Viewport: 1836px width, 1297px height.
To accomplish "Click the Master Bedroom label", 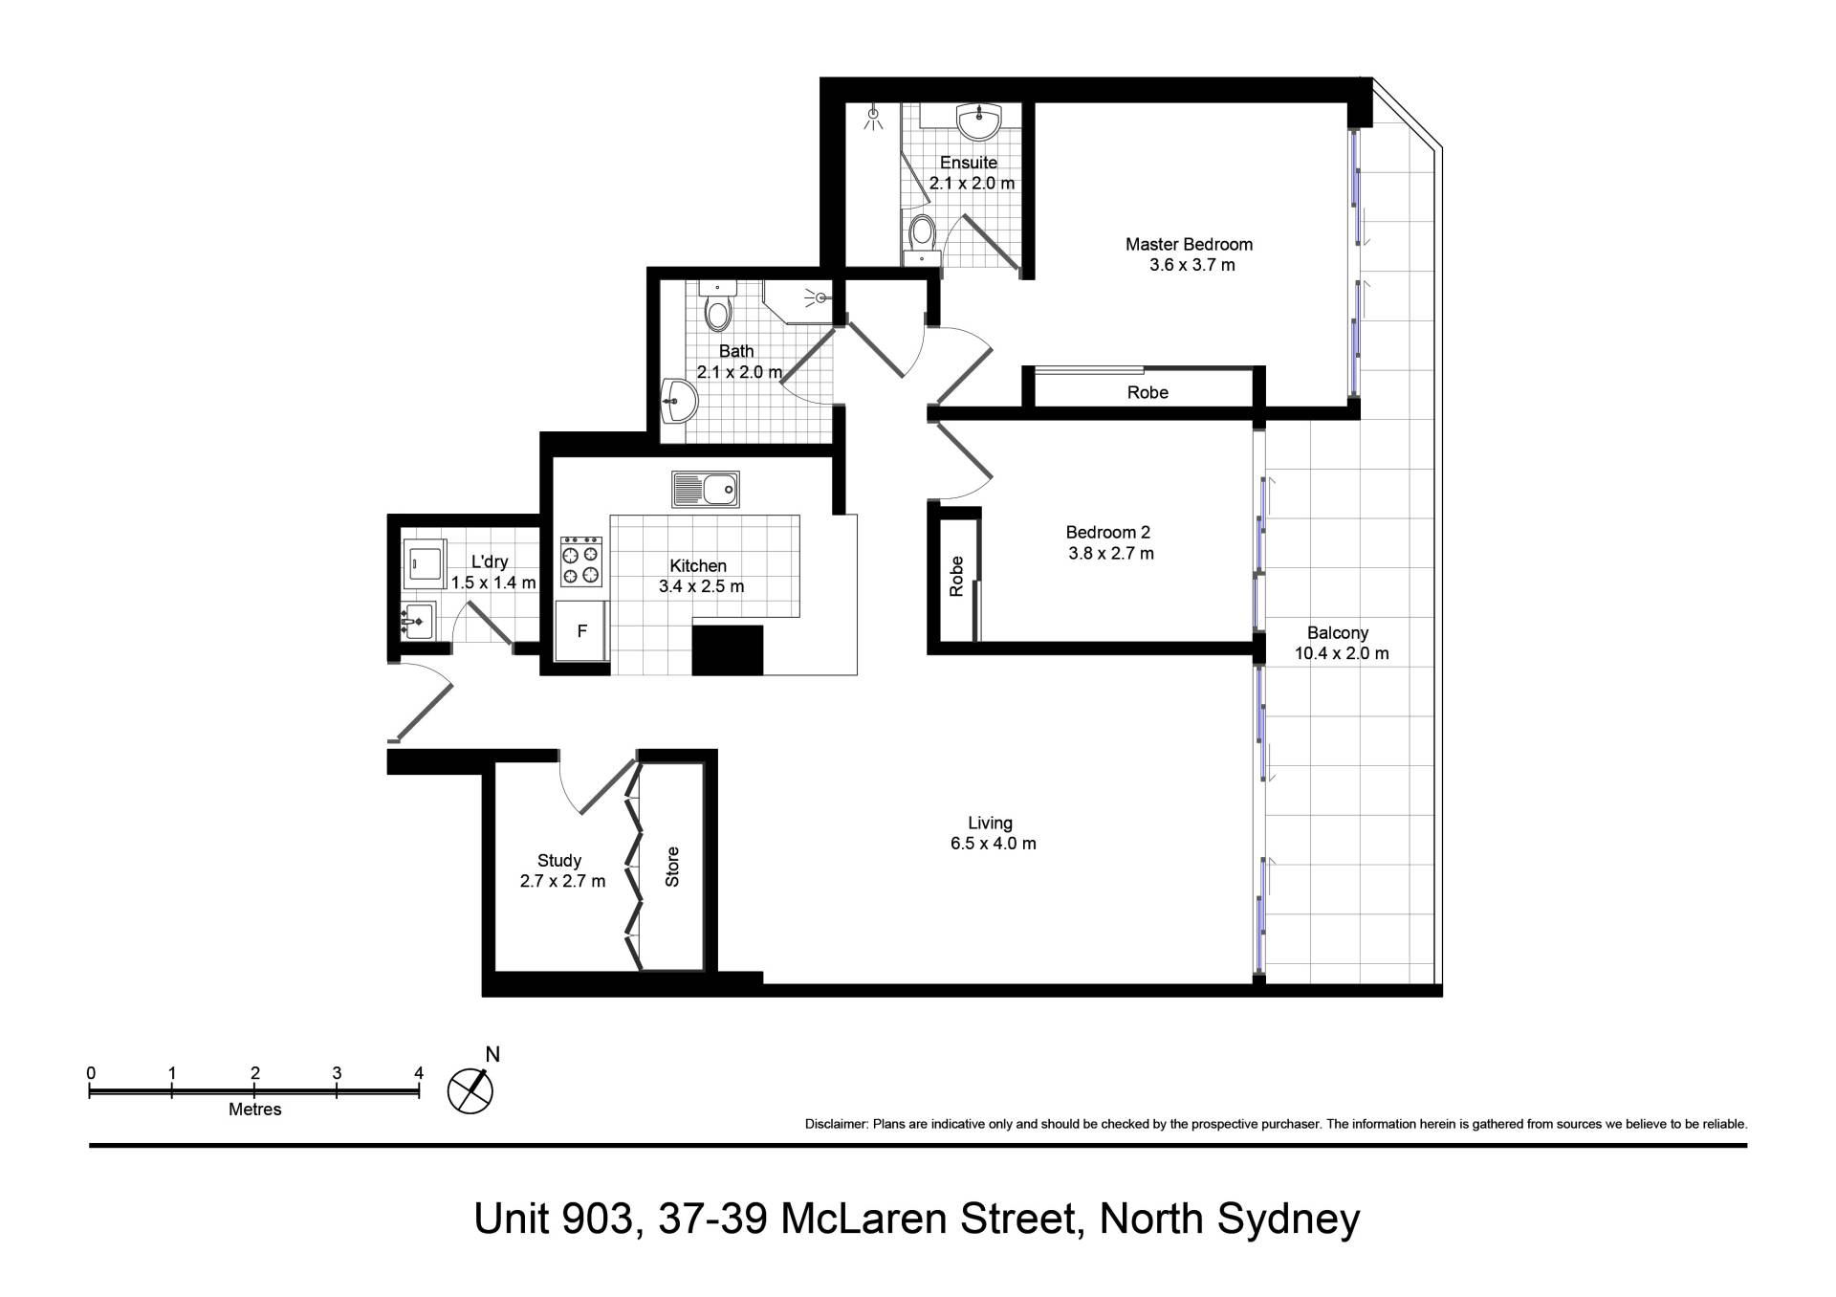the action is coord(1189,244).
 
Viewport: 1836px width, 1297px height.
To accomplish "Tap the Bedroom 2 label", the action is coord(1108,532).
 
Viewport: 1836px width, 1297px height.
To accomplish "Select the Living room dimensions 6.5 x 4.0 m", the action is coord(994,844).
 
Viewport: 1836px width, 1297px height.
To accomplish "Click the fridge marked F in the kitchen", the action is coord(582,630).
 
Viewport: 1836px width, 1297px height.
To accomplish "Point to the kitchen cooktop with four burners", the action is coord(581,561).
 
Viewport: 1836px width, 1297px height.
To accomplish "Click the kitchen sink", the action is coord(706,489).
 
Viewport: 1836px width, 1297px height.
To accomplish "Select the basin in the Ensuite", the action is coord(977,121).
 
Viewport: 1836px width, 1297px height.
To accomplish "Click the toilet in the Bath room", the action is coord(717,305).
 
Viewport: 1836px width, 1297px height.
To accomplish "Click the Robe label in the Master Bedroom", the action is coord(1147,392).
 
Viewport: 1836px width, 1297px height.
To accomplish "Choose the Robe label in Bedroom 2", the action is coord(956,577).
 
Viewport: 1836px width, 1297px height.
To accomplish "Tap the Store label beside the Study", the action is coord(672,867).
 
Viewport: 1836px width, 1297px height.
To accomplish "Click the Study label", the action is coord(559,861).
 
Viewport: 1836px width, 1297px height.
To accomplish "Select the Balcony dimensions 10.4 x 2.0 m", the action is coord(1342,654).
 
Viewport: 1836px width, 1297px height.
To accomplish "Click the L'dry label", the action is coord(490,561).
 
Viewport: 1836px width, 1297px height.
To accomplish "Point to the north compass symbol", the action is coord(470,1089).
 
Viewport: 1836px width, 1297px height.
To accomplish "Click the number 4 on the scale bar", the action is coord(419,1073).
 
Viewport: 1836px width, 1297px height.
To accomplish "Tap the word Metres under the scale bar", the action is coord(255,1110).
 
